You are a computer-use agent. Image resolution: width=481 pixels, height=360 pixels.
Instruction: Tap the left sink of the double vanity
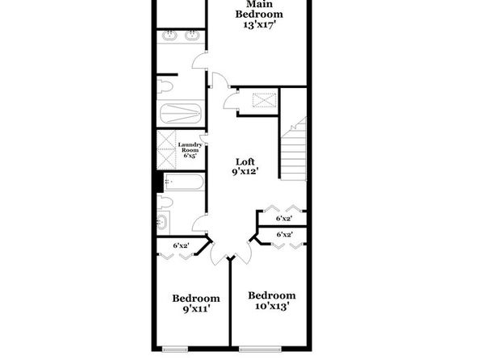[x=169, y=36]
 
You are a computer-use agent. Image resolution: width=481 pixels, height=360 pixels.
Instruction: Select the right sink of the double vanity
[x=192, y=36]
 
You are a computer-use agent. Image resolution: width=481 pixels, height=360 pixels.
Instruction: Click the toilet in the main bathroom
[x=165, y=86]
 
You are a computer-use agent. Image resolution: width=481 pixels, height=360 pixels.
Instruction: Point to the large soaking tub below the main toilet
[x=181, y=113]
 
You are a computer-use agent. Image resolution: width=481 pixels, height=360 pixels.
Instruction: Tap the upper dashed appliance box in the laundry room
[x=166, y=140]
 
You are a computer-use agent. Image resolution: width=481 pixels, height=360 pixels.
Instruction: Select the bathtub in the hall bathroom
[x=184, y=182]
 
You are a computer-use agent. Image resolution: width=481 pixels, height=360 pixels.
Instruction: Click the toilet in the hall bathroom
[x=165, y=203]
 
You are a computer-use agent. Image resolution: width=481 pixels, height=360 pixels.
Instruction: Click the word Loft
[x=245, y=161]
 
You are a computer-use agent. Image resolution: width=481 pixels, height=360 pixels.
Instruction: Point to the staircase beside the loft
[x=294, y=149]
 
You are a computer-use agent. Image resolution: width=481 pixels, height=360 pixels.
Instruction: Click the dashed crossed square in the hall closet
[x=264, y=100]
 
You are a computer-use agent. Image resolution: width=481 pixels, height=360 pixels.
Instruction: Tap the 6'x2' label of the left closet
[x=181, y=245]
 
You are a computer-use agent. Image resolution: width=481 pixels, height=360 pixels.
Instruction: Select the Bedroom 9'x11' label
[x=196, y=303]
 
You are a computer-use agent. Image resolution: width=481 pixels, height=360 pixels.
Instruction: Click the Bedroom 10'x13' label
[x=272, y=301]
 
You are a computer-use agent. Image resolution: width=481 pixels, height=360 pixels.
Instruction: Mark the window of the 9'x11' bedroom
[x=175, y=349]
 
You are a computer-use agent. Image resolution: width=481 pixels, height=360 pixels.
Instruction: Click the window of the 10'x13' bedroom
[x=260, y=349]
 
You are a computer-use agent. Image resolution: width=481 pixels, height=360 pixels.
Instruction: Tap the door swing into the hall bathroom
[x=199, y=224]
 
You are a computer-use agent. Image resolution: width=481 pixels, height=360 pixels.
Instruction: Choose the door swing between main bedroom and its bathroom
[x=199, y=61]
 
